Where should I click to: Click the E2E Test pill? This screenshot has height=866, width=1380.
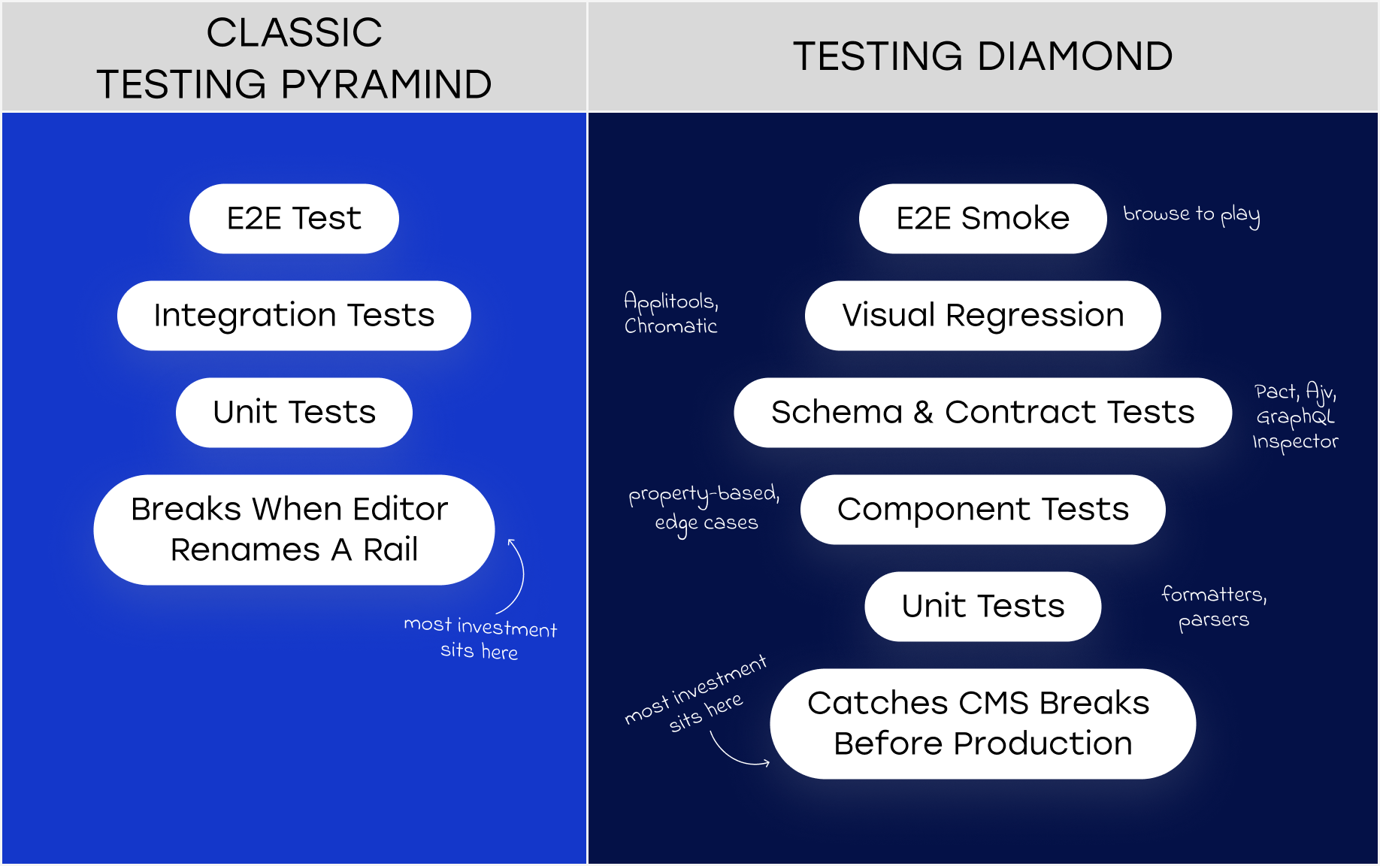(294, 219)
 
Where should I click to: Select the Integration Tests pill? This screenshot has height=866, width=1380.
(294, 316)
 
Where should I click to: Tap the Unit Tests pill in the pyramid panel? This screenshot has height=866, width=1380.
(294, 413)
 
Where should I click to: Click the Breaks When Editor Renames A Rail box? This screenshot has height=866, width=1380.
(294, 529)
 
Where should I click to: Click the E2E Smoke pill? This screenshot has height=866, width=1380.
(982, 219)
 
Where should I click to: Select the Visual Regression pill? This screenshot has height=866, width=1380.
(982, 316)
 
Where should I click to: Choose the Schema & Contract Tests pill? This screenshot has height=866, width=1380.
(982, 413)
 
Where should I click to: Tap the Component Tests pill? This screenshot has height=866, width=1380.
(982, 510)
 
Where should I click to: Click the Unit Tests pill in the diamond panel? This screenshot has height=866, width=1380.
(982, 607)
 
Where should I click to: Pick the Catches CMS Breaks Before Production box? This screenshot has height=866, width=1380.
(982, 723)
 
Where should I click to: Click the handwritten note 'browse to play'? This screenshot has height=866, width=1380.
(1191, 215)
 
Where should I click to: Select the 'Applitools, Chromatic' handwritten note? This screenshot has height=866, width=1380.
(670, 313)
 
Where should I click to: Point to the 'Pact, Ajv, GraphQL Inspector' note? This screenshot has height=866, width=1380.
(1295, 416)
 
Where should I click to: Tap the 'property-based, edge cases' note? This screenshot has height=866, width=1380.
(705, 508)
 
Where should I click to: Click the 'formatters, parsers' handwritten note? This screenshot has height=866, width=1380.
(1213, 607)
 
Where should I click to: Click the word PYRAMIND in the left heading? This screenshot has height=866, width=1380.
(386, 84)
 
